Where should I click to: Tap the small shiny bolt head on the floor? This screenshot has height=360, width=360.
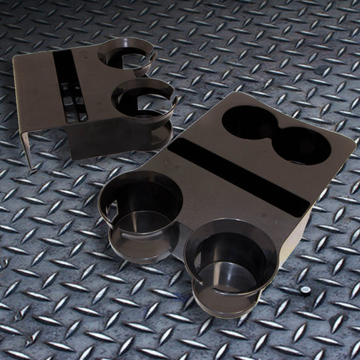pyautogui.click(x=305, y=290)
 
